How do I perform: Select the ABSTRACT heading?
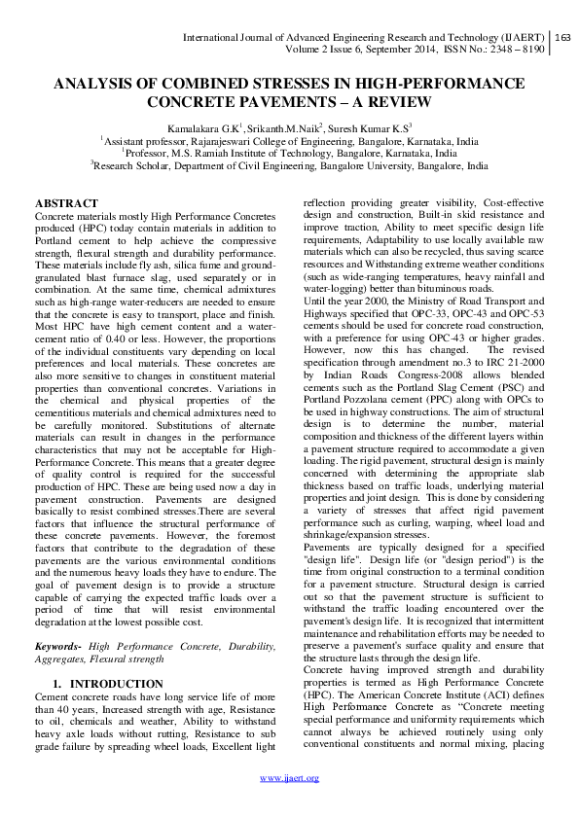point(66,202)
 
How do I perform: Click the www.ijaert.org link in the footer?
point(289,803)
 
